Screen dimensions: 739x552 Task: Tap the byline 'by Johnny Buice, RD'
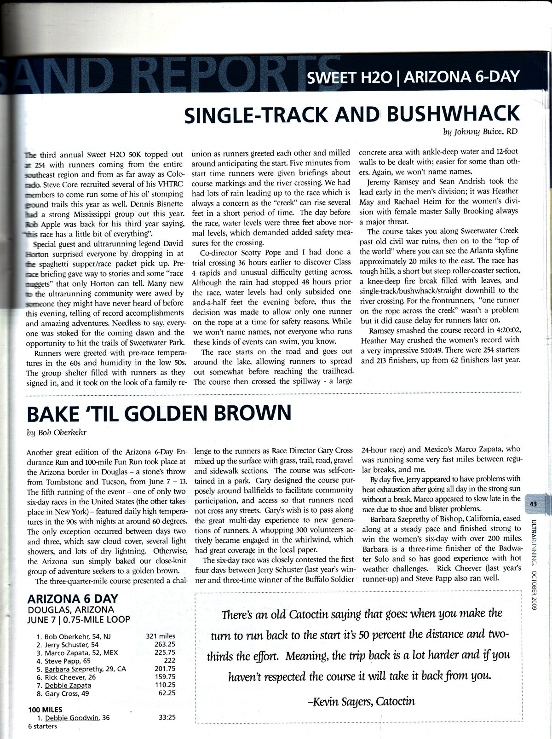[x=480, y=132]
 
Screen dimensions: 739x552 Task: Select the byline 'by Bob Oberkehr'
[x=54, y=432]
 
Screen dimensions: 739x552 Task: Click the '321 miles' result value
[x=161, y=637]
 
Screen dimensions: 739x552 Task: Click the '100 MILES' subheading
[x=46, y=710]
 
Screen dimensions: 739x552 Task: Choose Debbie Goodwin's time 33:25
[x=166, y=717]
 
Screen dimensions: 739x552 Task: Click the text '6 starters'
[x=42, y=726]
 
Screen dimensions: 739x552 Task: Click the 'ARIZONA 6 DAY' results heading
[x=73, y=599]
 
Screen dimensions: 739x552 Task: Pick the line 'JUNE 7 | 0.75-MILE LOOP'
[x=79, y=619]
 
